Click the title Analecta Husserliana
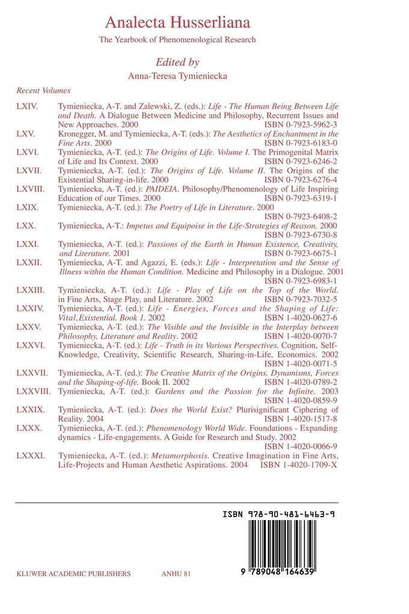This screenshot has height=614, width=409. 177,23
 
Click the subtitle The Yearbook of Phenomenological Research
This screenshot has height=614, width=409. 177,40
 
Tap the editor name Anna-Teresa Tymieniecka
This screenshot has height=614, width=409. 177,76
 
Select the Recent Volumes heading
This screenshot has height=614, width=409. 43,91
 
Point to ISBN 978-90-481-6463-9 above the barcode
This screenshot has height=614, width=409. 278,515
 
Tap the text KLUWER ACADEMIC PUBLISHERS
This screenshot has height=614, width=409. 73,574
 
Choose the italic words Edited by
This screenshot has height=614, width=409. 177,61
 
